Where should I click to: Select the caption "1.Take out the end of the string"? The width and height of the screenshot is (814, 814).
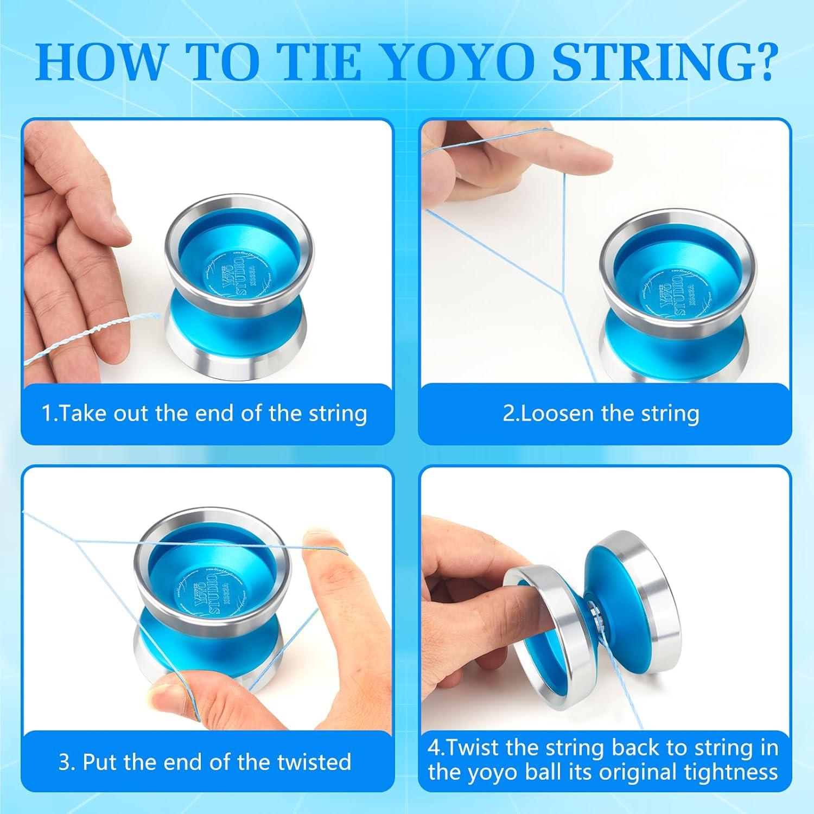(x=205, y=414)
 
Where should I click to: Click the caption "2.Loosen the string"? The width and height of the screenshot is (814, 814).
(x=601, y=414)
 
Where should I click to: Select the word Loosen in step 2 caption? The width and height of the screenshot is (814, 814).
(x=548, y=414)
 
